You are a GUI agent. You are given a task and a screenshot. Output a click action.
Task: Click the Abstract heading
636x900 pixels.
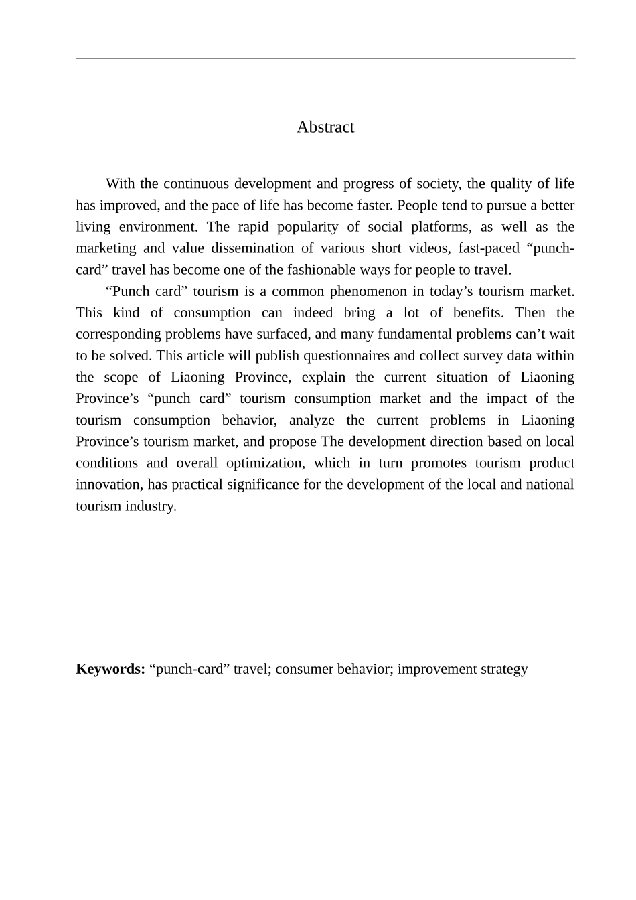(x=325, y=127)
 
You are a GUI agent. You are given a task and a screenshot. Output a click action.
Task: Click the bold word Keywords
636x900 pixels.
(x=110, y=669)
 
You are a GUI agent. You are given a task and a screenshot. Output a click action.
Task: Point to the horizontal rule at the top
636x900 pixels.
(x=325, y=58)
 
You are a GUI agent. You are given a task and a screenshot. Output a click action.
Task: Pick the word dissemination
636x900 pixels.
(x=251, y=248)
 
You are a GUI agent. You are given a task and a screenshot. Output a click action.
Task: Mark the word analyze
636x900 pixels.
(x=311, y=420)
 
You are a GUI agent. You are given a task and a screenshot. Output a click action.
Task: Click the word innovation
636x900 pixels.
(x=108, y=484)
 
